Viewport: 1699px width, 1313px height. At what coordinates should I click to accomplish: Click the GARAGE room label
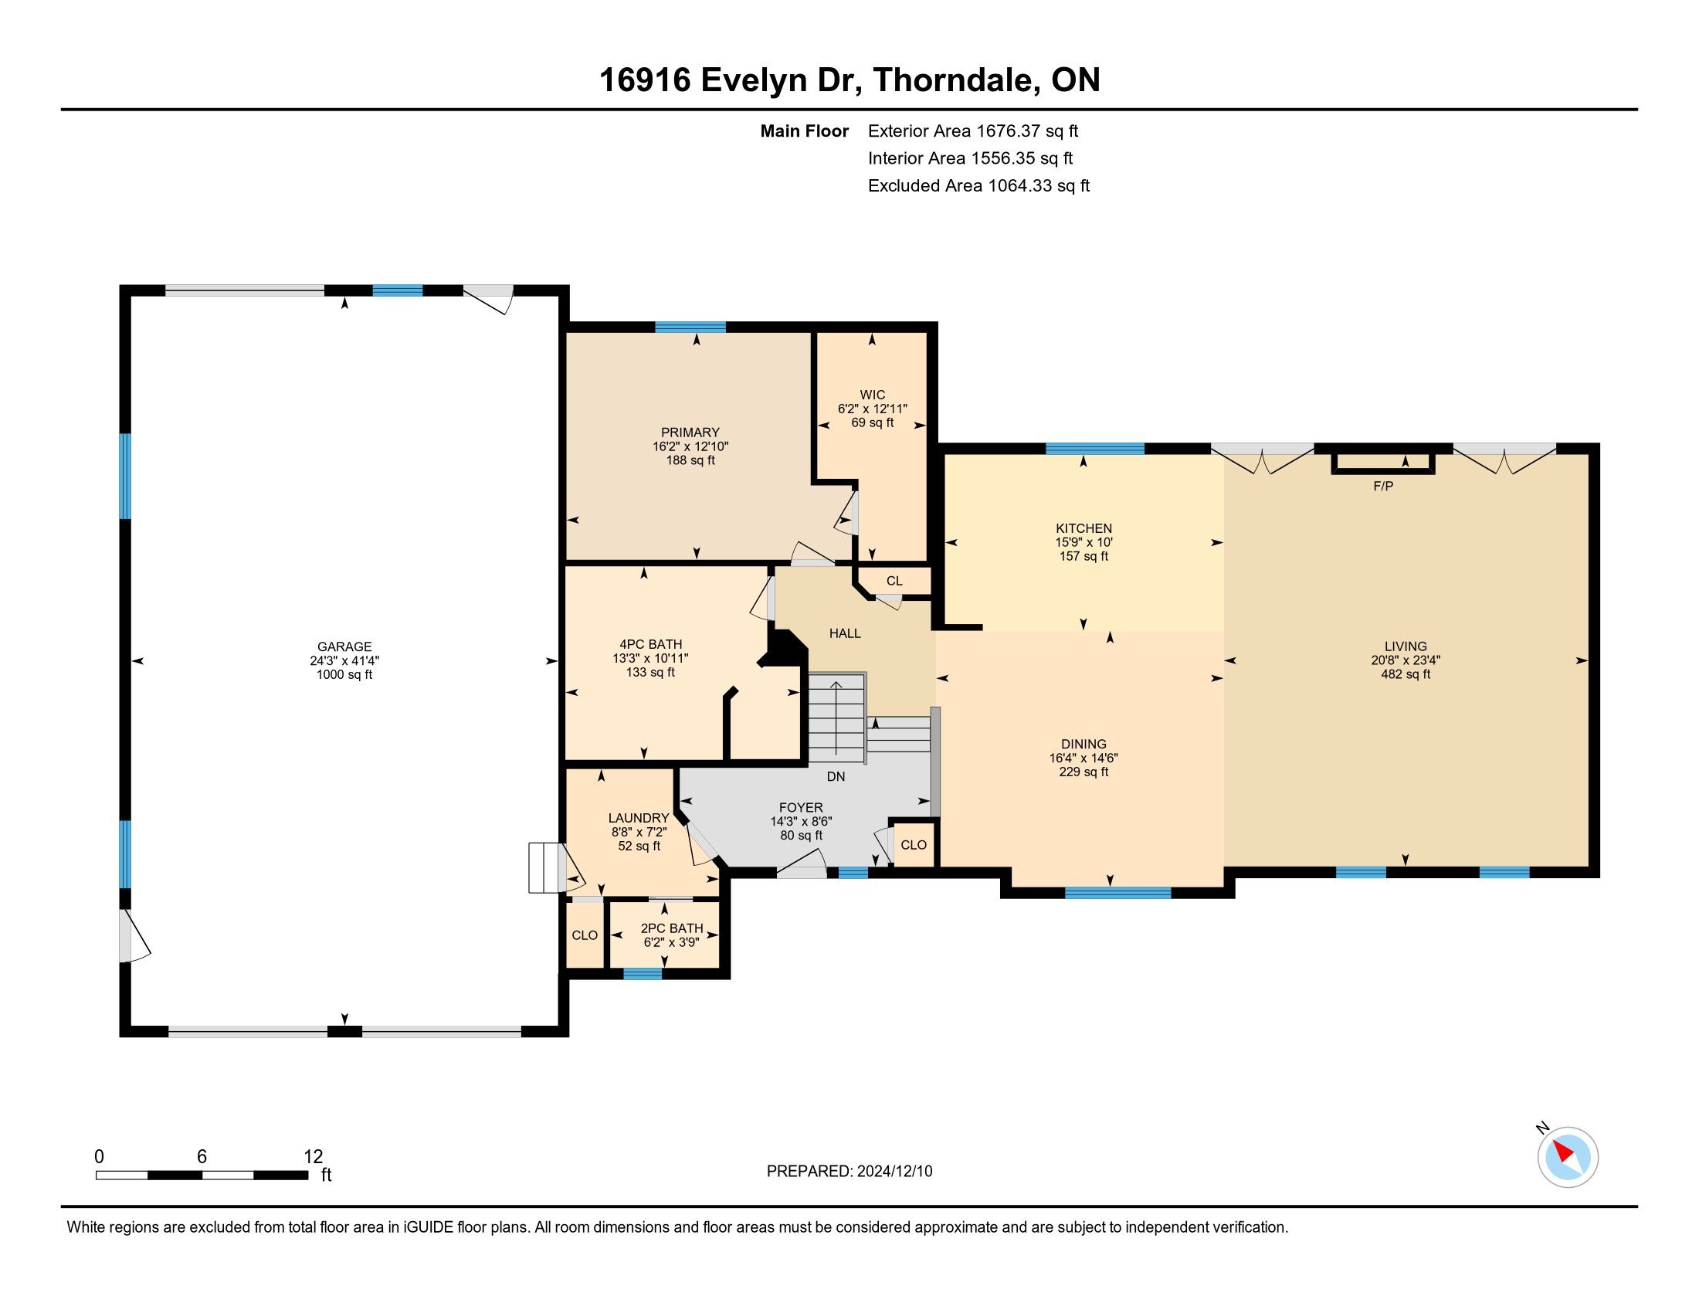(344, 646)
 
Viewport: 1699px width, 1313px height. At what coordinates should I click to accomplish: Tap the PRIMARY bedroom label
(690, 433)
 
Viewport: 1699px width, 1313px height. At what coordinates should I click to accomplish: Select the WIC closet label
(872, 395)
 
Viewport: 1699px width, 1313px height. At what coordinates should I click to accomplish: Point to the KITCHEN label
(1083, 528)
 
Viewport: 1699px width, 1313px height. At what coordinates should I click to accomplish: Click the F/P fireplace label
(1383, 486)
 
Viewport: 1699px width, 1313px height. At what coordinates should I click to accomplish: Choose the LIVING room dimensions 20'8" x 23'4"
(1406, 660)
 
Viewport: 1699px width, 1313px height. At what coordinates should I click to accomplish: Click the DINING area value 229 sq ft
(1083, 772)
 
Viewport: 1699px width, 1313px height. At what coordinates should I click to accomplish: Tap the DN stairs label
(836, 776)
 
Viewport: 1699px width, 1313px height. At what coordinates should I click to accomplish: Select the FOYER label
(802, 807)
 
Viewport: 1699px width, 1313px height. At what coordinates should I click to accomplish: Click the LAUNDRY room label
(639, 817)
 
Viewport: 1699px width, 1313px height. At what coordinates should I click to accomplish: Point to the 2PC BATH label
(671, 928)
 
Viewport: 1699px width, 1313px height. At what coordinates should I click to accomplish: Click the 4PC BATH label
(650, 644)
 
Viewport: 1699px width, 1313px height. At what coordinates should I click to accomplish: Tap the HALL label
(845, 633)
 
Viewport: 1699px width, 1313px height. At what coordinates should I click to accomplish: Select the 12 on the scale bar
(313, 1157)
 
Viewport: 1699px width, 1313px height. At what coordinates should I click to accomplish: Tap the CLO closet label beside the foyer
(914, 845)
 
